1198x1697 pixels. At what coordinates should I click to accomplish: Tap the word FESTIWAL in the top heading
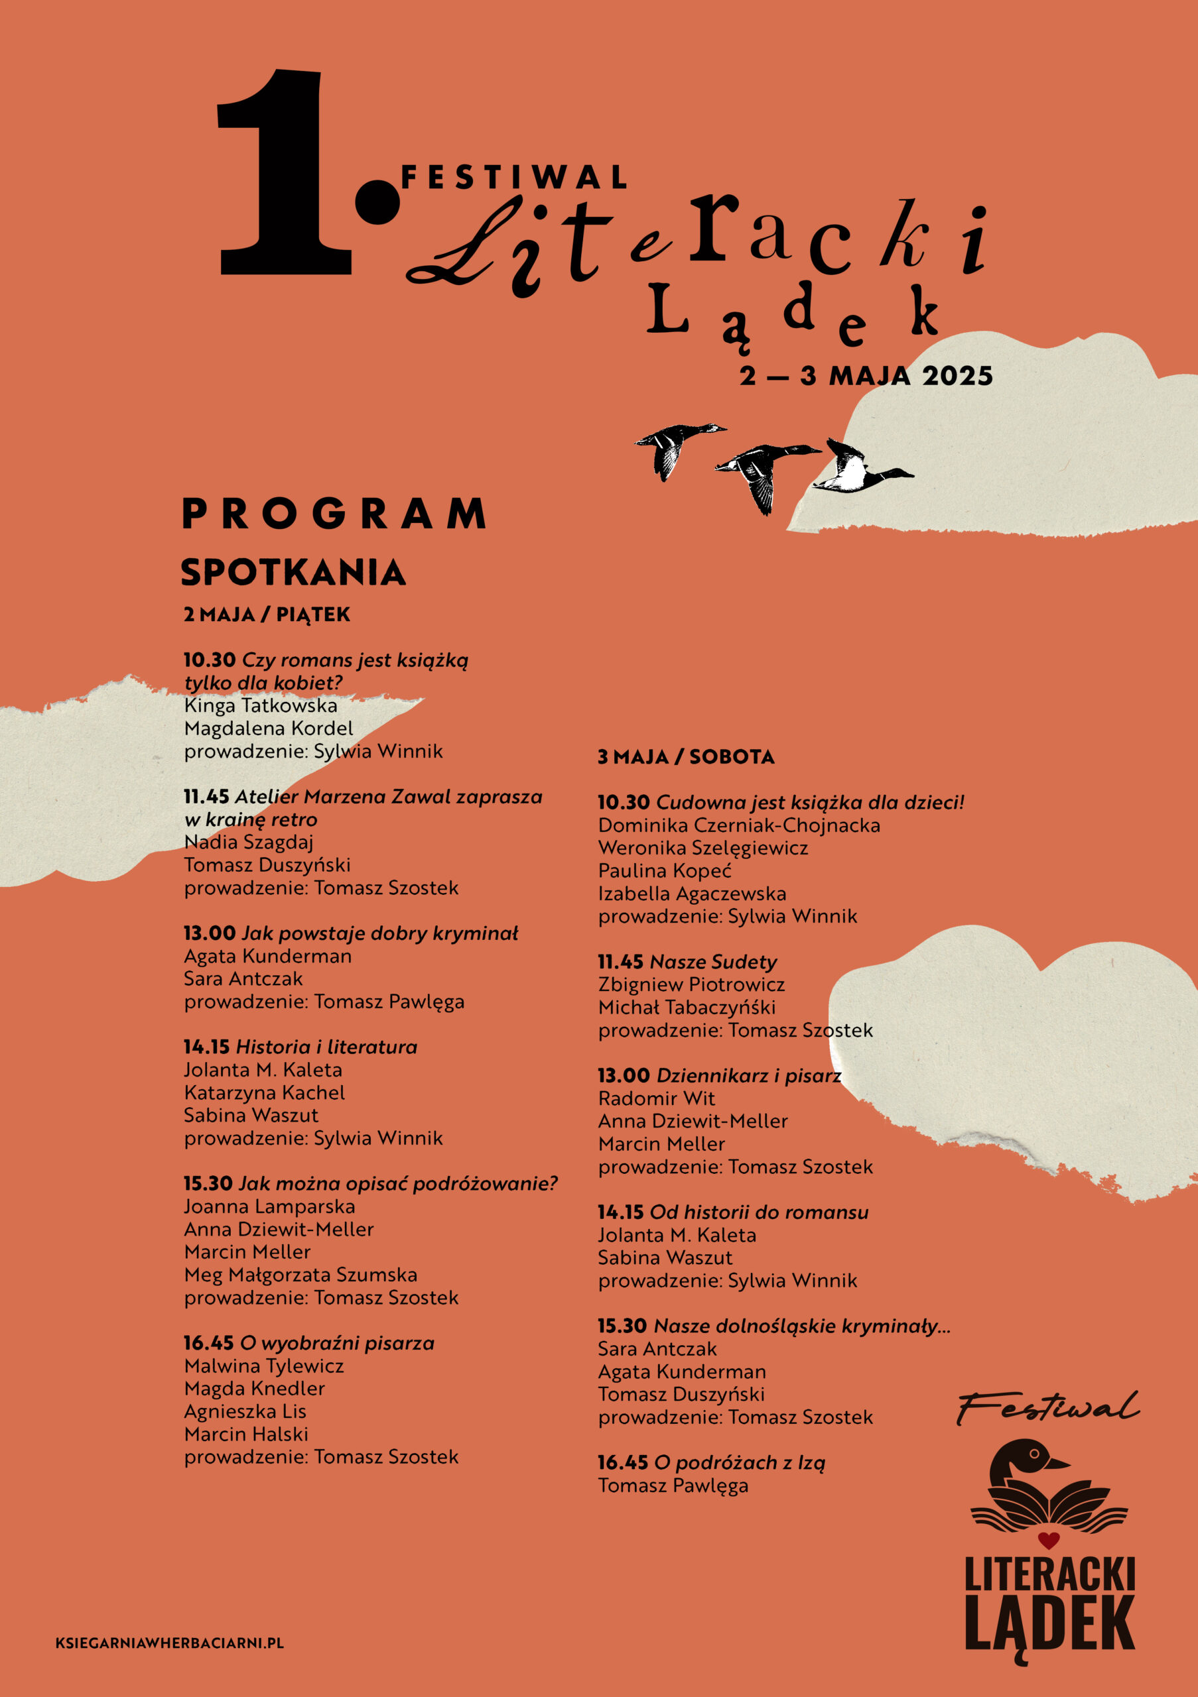(513, 178)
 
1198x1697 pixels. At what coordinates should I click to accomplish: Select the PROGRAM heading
(334, 514)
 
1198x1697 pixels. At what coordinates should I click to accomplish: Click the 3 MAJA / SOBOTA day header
(685, 757)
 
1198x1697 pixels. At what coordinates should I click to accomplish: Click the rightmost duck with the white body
(858, 470)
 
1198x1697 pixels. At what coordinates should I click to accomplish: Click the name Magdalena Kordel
(269, 729)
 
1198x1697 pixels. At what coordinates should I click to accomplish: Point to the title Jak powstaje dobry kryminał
(379, 933)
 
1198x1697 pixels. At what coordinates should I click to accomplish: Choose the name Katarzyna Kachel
(264, 1092)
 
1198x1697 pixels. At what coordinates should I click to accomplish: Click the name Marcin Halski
(245, 1434)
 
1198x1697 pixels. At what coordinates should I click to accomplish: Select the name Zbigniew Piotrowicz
(691, 984)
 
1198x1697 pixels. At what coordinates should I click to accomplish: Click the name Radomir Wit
(656, 1098)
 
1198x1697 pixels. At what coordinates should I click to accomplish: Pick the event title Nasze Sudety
(713, 963)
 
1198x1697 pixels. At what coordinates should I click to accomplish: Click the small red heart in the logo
(1048, 1541)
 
